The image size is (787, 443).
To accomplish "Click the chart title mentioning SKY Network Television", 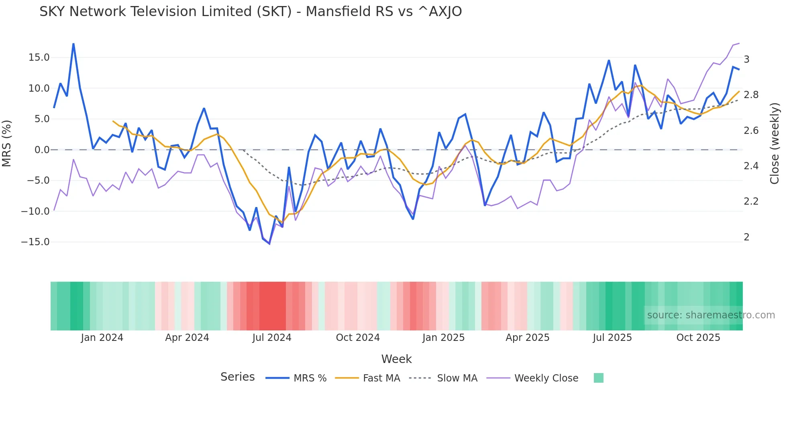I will [x=251, y=12].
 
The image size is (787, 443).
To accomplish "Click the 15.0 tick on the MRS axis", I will [x=39, y=57].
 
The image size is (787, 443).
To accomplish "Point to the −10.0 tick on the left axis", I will [x=35, y=211].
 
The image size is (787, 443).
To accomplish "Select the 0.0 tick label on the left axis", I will [x=42, y=150].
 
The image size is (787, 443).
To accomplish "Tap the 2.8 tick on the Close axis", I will [x=751, y=95].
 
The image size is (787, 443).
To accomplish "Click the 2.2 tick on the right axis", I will [x=751, y=201].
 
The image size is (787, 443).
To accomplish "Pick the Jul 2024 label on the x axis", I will [x=271, y=338].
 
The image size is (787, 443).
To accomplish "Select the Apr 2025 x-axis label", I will [x=527, y=338].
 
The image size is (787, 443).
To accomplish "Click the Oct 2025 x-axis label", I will [x=698, y=338].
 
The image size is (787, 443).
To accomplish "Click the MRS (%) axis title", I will [x=7, y=144].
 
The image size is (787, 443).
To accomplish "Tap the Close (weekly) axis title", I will [x=775, y=144].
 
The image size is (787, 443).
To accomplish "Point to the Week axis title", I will [x=396, y=359].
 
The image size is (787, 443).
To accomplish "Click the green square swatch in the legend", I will [x=598, y=378].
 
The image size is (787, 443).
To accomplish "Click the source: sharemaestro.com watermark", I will [x=711, y=315].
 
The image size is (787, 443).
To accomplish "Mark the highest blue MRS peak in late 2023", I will [x=73, y=43].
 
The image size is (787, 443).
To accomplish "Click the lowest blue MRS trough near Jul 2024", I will [x=269, y=244].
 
